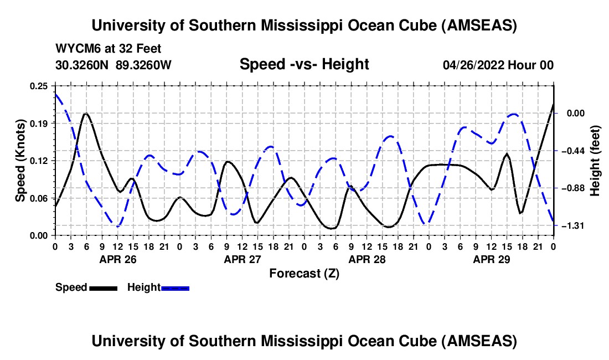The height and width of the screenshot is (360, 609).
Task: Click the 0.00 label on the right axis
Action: pos(576,113)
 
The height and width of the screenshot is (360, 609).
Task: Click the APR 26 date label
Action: pos(117,259)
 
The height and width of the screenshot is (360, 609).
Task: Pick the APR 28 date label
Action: pos(367,259)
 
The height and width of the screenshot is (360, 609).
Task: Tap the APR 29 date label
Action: pos(491,259)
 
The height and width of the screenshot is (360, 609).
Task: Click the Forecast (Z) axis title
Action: pos(304,273)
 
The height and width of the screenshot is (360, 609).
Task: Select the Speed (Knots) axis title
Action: pos(20,160)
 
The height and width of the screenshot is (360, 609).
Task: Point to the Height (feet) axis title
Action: pos(596,161)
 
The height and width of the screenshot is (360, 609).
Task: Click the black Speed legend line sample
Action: pos(103,287)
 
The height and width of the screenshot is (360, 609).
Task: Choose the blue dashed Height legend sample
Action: pos(175,287)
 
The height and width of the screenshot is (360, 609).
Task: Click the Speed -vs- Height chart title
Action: pos(304,64)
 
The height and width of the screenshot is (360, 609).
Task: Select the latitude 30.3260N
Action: pos(83,65)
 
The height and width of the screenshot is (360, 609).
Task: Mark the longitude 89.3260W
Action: pos(144,65)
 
